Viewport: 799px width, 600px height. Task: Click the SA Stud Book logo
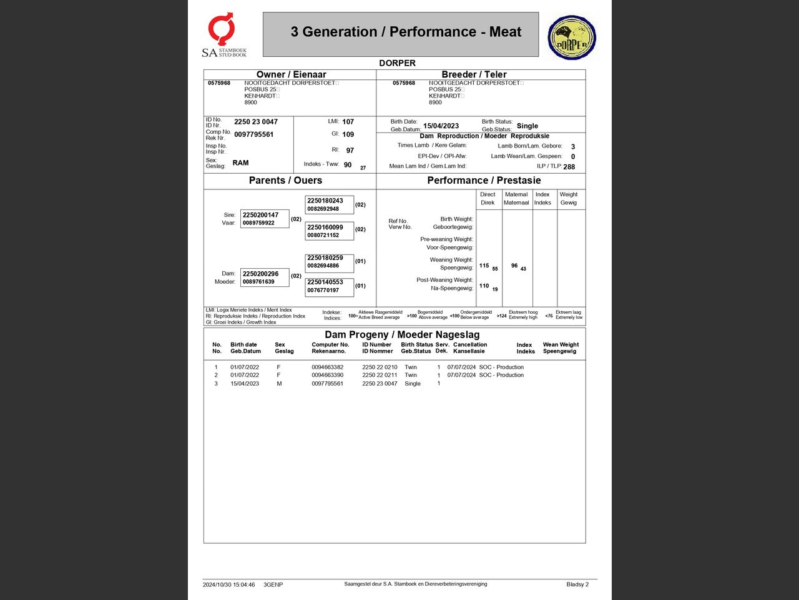[x=223, y=35]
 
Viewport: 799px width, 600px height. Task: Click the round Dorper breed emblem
[x=572, y=37]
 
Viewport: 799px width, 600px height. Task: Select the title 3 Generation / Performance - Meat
[x=406, y=32]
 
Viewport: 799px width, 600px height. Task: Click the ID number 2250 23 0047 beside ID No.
[x=256, y=122]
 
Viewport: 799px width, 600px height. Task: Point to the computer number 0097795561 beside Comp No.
[x=253, y=134]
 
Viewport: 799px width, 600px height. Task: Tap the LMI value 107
[x=348, y=122]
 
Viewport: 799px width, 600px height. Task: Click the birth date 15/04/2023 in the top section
[x=441, y=126]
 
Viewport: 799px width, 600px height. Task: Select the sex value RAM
[x=240, y=162]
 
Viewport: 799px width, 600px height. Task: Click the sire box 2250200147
[x=265, y=219]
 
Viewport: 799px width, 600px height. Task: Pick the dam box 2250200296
[x=265, y=277]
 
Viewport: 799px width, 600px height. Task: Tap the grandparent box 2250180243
[x=329, y=204]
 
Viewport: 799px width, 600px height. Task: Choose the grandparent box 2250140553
[x=329, y=286]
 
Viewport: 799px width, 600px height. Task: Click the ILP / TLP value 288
[x=569, y=167]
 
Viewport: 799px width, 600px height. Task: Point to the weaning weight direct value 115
[x=484, y=266]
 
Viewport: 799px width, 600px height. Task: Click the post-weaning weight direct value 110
[x=484, y=286]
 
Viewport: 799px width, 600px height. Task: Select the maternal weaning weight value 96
[x=514, y=266]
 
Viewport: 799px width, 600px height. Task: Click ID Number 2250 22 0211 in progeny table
[x=380, y=375]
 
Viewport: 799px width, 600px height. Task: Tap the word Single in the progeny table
[x=413, y=384]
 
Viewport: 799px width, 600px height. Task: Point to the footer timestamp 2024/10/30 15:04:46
[x=228, y=585]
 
